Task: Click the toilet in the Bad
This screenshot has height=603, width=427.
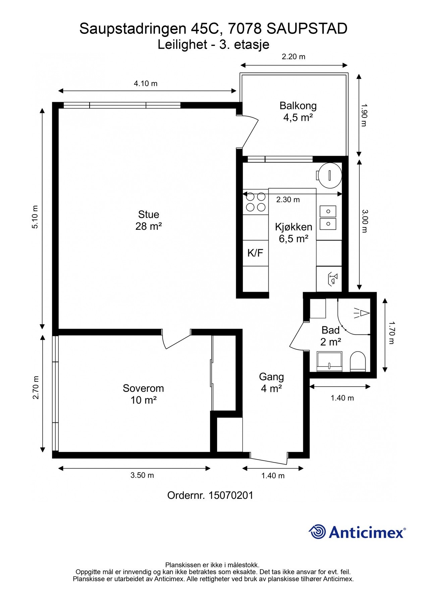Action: click(x=358, y=361)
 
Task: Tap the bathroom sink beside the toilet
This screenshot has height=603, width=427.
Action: click(x=329, y=361)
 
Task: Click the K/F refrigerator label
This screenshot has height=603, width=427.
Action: click(x=255, y=253)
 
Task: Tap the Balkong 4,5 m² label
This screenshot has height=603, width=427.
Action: click(x=298, y=112)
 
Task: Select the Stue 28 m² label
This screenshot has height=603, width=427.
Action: click(x=149, y=220)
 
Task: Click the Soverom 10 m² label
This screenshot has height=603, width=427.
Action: click(x=143, y=394)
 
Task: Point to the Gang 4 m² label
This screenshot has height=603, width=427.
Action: click(x=271, y=383)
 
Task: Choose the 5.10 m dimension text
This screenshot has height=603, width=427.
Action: click(x=35, y=217)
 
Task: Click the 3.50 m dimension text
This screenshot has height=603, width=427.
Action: click(x=142, y=475)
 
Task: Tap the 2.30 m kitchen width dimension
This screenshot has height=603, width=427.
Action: click(x=288, y=200)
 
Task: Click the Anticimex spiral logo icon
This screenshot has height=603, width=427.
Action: click(x=317, y=532)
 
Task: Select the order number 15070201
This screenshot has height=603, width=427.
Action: click(x=231, y=495)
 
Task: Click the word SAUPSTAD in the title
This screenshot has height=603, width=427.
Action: click(x=307, y=29)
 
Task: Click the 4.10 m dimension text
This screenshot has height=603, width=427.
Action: click(x=146, y=83)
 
